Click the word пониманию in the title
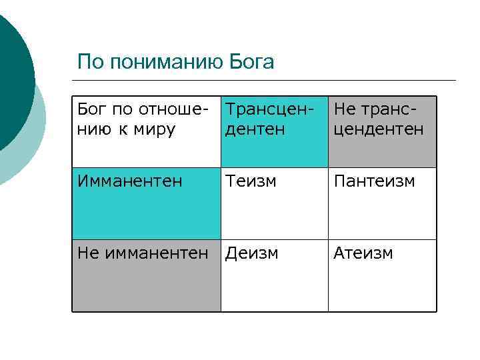166,63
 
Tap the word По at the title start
89,63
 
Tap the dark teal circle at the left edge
10,73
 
